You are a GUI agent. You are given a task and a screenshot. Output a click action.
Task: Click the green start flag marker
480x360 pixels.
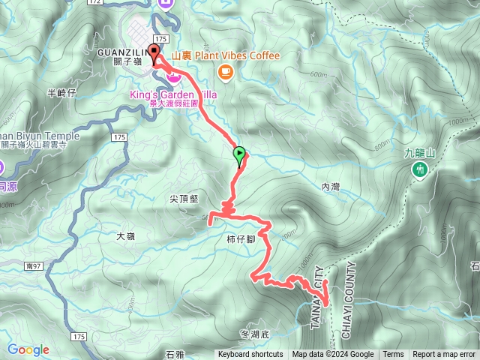[239, 155]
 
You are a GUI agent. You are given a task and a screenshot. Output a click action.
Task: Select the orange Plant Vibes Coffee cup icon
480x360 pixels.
[224, 71]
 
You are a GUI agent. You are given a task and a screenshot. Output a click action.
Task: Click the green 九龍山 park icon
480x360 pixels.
[421, 169]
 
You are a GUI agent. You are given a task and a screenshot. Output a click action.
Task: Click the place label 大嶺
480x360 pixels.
[125, 236]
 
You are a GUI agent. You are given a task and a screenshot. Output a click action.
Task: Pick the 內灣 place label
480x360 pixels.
[331, 184]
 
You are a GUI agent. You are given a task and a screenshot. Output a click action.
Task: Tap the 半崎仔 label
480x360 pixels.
[62, 93]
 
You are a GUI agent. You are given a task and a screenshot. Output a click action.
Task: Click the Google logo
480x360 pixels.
[28, 349]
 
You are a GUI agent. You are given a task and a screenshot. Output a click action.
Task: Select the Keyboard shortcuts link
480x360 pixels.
[250, 355]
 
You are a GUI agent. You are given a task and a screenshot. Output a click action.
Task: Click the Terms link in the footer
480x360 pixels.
[393, 355]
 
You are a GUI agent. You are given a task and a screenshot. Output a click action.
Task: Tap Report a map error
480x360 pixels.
[444, 355]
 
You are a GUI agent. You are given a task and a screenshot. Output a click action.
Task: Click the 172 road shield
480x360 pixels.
[94, 2]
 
